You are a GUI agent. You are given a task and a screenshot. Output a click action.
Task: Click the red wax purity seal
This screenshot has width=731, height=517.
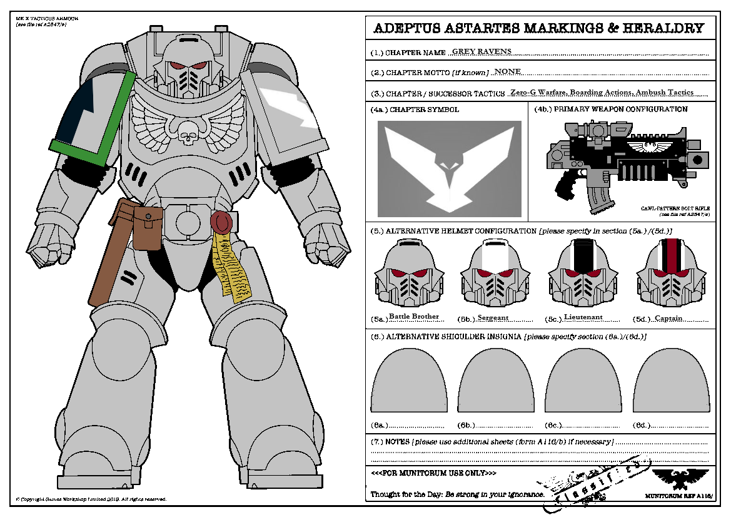[x=220, y=222]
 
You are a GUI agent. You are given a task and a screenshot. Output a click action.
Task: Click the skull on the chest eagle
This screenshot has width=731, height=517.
[x=187, y=131]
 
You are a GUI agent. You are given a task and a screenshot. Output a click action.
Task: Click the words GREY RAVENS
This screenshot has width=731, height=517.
[x=481, y=51]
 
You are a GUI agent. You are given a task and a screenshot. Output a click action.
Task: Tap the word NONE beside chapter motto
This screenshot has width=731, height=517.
[x=507, y=72]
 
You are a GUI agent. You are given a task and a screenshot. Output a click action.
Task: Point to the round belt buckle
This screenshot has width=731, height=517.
[x=188, y=222]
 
